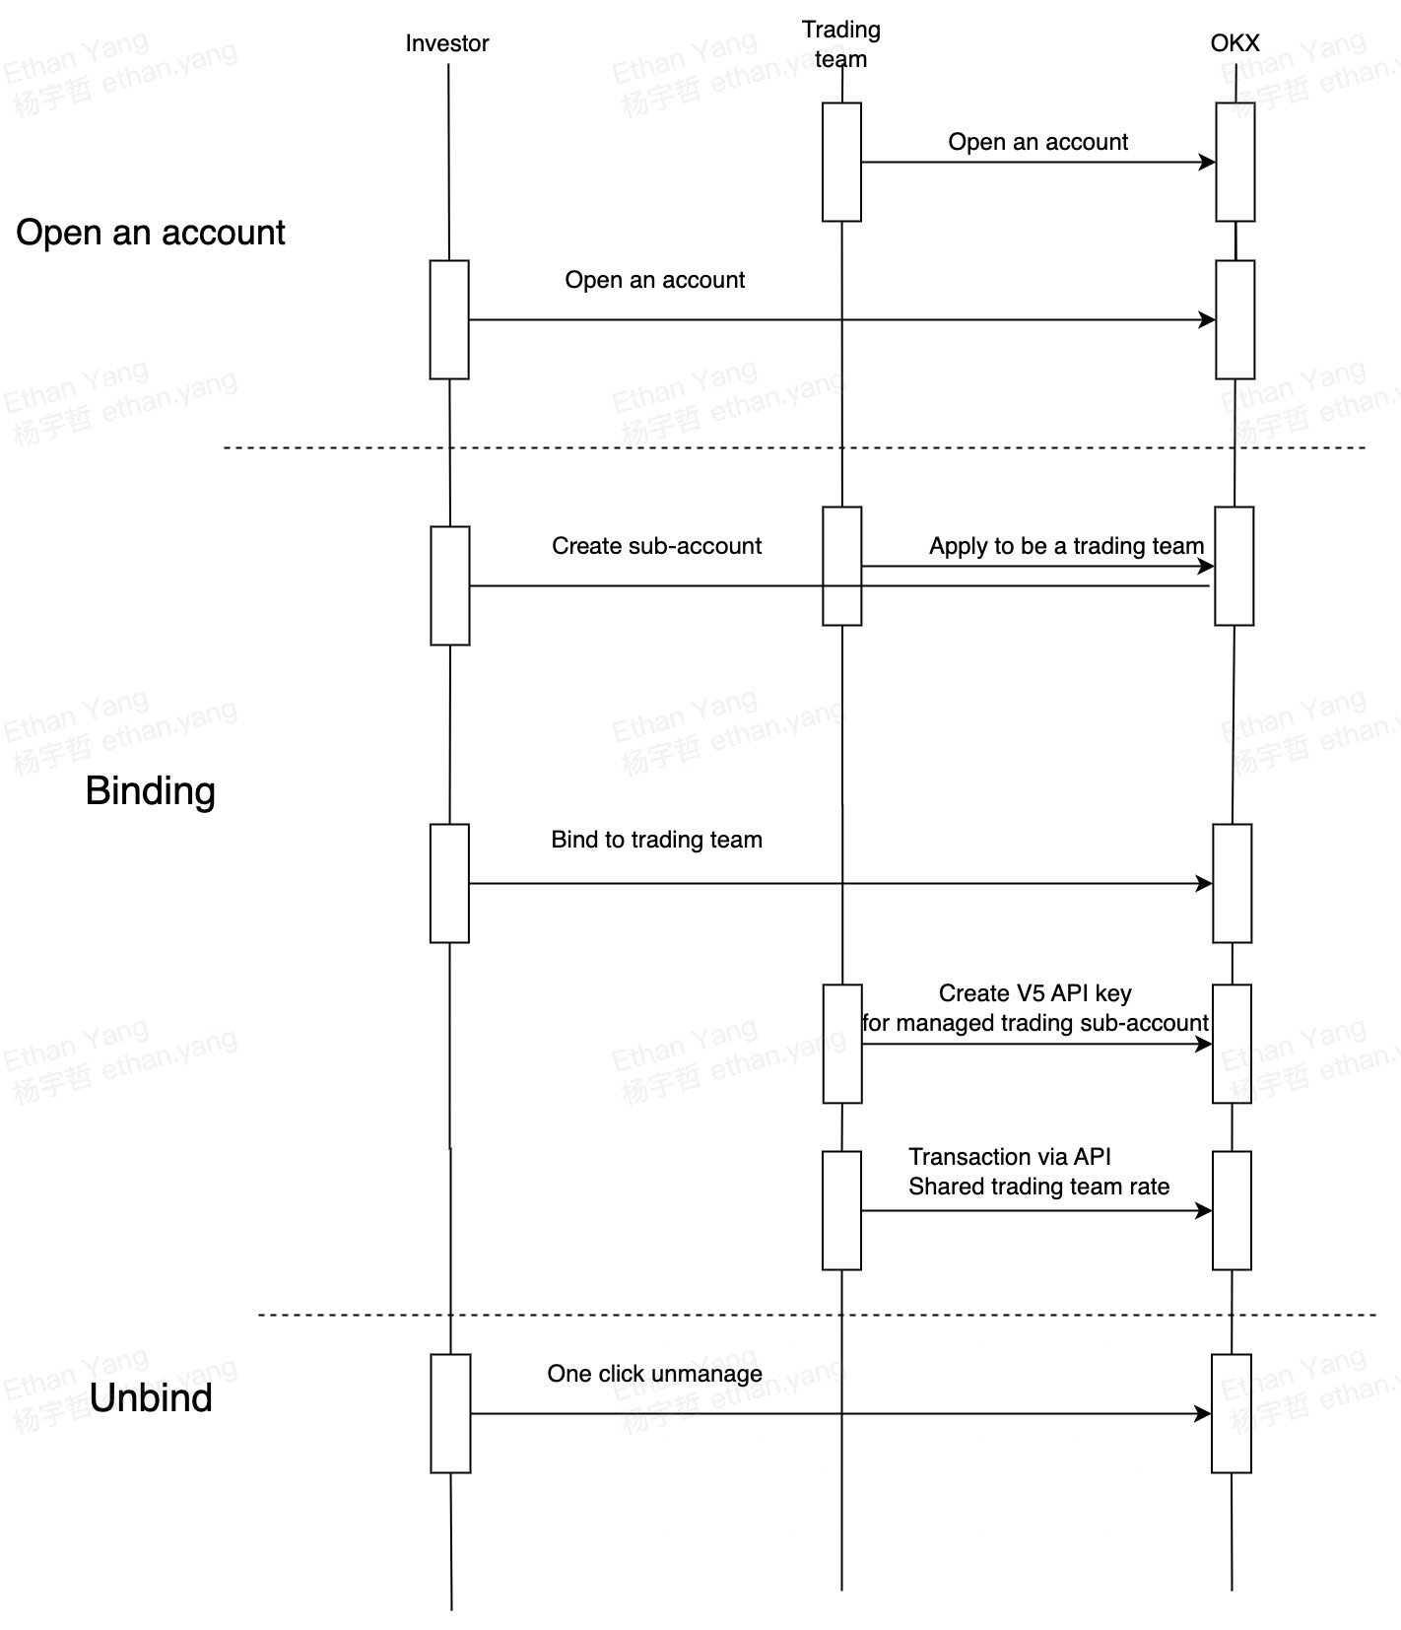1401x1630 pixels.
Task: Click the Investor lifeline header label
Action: (x=446, y=43)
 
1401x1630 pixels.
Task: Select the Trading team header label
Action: (x=840, y=44)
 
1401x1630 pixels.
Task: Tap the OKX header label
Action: (x=1234, y=43)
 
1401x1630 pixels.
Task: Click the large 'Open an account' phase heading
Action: (x=150, y=233)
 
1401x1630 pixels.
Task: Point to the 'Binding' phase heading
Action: (x=150, y=791)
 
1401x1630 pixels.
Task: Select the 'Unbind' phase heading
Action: (x=150, y=1398)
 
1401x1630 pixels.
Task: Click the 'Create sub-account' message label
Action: (x=656, y=546)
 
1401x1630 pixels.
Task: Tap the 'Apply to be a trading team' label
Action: (x=1066, y=546)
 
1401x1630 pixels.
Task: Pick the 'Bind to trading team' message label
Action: (x=656, y=840)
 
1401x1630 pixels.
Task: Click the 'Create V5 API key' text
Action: (x=1034, y=993)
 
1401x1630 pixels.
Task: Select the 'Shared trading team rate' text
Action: (x=1038, y=1187)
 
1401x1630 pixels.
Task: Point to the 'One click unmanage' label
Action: (x=654, y=1374)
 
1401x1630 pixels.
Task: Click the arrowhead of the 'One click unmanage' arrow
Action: (x=1204, y=1414)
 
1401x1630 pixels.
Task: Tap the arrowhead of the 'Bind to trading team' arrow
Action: (x=1205, y=884)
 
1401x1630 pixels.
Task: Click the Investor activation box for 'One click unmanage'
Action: (x=450, y=1413)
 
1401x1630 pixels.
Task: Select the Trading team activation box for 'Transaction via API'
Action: (x=841, y=1210)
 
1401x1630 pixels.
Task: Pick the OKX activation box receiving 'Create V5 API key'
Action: (x=1232, y=1044)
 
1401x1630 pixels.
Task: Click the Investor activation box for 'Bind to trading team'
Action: (x=449, y=883)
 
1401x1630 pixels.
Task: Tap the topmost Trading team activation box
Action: (x=841, y=162)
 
